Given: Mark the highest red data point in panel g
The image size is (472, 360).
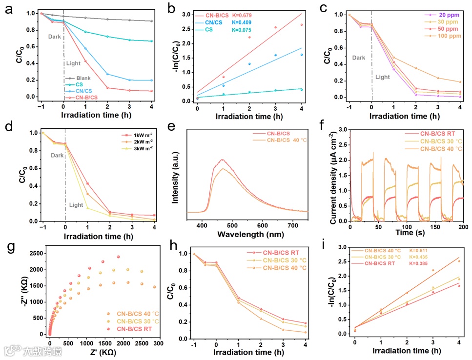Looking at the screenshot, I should pyautogui.click(x=118, y=257).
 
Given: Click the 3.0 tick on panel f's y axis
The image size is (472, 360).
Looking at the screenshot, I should pyautogui.click(x=342, y=131).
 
